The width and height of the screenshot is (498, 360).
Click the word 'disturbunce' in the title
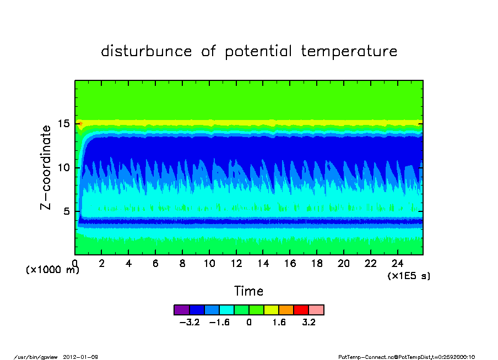(x=147, y=51)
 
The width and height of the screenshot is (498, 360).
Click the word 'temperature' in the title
(x=349, y=51)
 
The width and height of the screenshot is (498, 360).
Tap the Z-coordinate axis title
(x=46, y=167)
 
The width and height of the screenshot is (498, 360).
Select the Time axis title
(x=248, y=291)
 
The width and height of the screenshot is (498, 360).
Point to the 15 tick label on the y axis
(x=63, y=123)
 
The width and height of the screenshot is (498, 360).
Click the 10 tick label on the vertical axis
(x=63, y=167)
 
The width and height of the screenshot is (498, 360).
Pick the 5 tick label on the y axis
(x=66, y=211)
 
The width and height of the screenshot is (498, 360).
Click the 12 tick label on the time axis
(x=236, y=264)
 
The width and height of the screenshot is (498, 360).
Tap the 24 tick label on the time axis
(x=397, y=264)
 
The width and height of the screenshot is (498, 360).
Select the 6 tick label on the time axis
(x=155, y=264)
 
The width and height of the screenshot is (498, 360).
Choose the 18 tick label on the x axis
(x=317, y=264)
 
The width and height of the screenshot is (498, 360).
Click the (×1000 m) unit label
(x=52, y=270)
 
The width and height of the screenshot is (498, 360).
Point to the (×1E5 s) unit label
(x=409, y=276)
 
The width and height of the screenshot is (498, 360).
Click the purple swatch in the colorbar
(x=182, y=310)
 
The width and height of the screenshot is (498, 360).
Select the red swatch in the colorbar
(x=301, y=310)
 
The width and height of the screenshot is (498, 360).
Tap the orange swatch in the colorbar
(x=286, y=310)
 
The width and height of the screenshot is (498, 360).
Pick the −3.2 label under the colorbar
(x=190, y=323)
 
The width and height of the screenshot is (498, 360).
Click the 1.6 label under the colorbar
(x=279, y=323)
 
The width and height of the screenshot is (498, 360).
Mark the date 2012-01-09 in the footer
(x=80, y=357)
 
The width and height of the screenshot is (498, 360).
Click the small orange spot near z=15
(x=80, y=123)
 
